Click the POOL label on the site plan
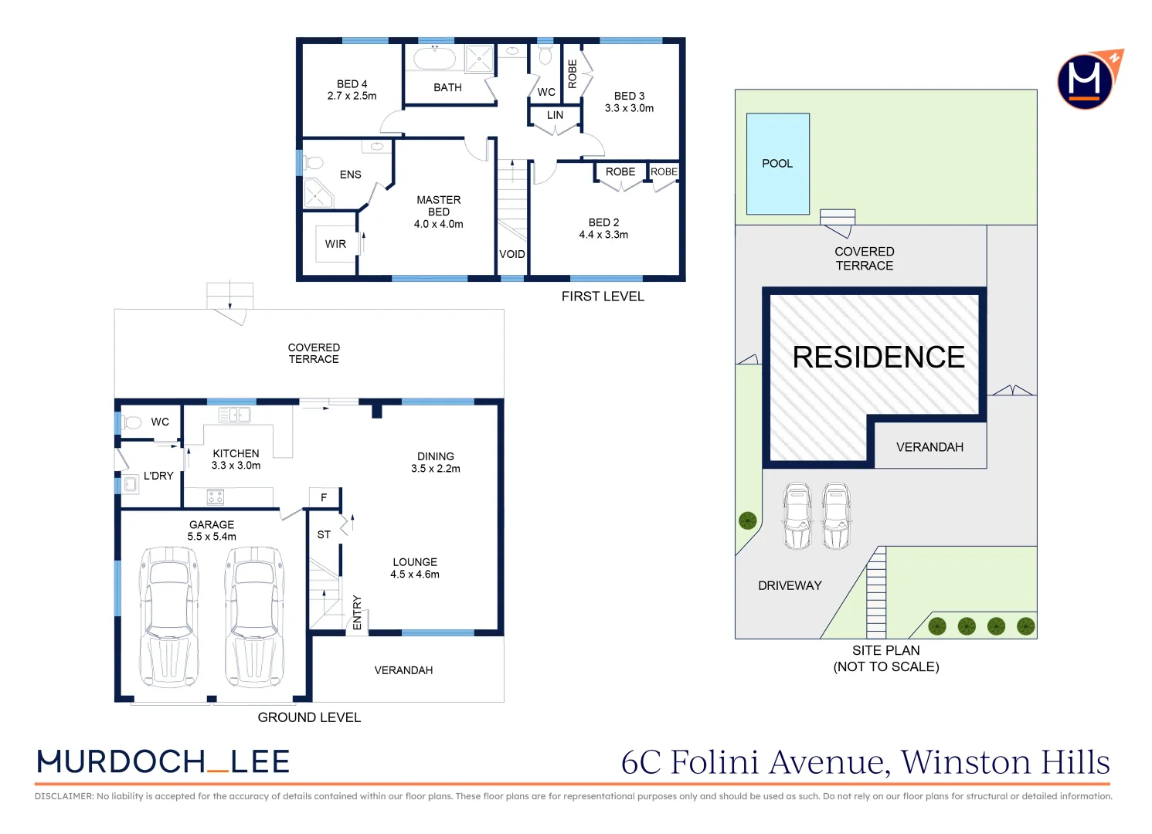click(777, 164)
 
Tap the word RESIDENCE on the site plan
click(878, 358)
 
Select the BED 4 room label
click(352, 84)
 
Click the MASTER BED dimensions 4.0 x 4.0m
click(438, 225)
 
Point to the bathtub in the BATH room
click(434, 59)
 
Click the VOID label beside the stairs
click(511, 254)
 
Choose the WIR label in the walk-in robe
click(335, 244)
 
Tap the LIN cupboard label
click(555, 115)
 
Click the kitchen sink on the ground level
click(234, 415)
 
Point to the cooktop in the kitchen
click(215, 497)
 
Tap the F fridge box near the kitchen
click(324, 498)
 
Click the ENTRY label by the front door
click(357, 612)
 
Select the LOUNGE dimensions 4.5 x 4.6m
click(415, 575)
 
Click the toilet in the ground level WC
click(132, 422)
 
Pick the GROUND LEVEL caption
click(309, 717)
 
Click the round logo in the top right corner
click(1085, 80)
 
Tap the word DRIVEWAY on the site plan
click(790, 585)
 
